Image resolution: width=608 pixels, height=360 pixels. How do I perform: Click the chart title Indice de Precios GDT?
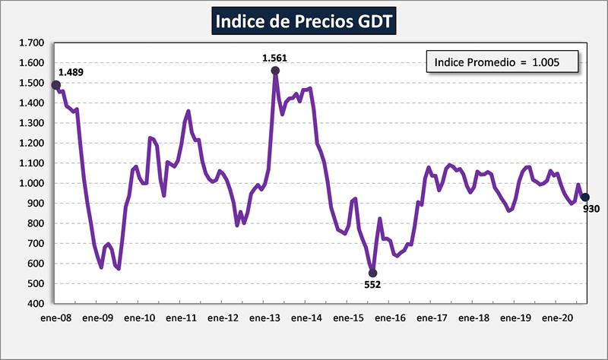[303, 21]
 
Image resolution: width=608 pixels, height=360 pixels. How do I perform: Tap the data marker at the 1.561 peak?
[275, 71]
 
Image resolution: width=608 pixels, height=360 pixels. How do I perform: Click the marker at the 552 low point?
[372, 273]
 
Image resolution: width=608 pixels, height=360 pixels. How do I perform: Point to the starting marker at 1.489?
[56, 85]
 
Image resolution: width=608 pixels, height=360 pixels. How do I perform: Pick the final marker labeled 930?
[585, 197]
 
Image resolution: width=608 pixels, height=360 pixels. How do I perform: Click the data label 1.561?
[275, 58]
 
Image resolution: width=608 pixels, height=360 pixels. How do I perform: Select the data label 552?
[372, 285]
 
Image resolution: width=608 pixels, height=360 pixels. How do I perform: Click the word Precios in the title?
[323, 21]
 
